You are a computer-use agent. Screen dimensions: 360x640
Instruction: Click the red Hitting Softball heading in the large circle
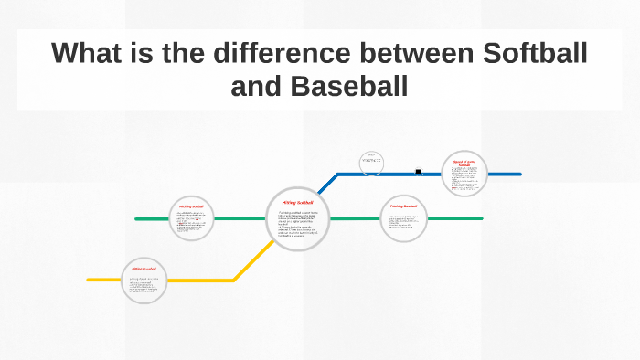(297, 202)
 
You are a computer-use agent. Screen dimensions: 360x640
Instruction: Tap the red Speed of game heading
(464, 162)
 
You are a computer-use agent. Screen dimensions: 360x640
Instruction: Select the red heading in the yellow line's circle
(144, 270)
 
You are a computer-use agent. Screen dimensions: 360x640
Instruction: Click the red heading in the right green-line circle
(403, 206)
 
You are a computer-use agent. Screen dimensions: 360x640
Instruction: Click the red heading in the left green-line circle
(191, 206)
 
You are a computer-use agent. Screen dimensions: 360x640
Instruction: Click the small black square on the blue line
(418, 171)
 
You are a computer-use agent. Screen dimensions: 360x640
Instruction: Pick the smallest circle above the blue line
(370, 163)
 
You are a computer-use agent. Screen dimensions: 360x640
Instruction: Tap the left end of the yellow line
(90, 280)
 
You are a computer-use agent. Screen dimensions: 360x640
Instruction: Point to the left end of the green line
(137, 219)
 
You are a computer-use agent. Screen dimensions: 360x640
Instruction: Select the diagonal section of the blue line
(326, 184)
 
